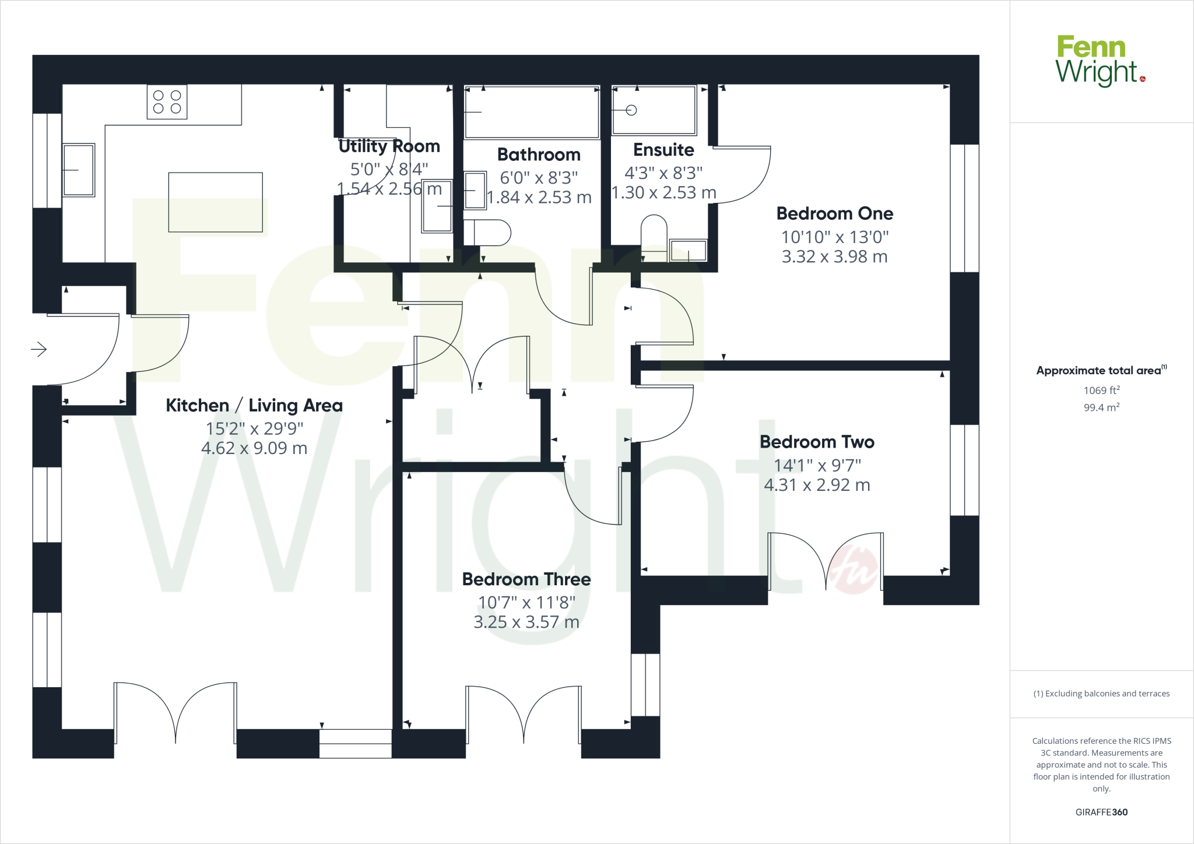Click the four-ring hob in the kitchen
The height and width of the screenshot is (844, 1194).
tap(167, 102)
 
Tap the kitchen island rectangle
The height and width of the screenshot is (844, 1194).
tap(215, 202)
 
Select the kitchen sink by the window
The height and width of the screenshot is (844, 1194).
tap(78, 170)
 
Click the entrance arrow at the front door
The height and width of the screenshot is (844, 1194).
tap(38, 349)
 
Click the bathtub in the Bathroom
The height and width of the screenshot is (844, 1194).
tap(532, 112)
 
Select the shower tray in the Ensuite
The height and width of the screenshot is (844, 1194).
tap(654, 110)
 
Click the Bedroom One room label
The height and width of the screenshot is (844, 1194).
tap(834, 213)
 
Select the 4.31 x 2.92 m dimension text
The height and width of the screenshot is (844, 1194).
tap(817, 485)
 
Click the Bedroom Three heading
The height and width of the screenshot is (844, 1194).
tap(526, 579)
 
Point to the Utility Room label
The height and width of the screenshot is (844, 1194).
tap(389, 146)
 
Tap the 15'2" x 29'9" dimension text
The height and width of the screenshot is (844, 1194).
tap(254, 428)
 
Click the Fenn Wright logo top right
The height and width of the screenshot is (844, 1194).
tap(1100, 61)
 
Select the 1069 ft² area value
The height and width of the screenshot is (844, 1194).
tap(1101, 391)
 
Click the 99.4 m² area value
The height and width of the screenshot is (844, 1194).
tap(1101, 407)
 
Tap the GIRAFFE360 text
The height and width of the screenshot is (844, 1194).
tap(1101, 812)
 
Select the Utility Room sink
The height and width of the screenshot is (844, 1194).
tap(437, 206)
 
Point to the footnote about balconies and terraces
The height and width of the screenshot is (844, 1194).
tap(1101, 694)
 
